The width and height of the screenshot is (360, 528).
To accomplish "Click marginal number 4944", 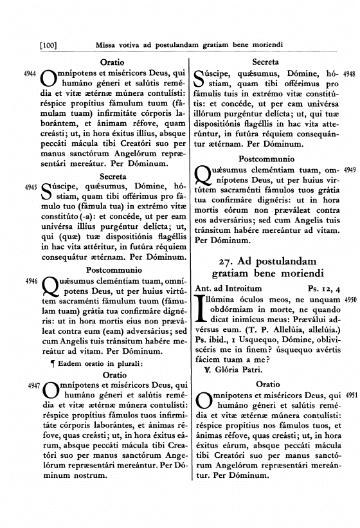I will coord(28,75).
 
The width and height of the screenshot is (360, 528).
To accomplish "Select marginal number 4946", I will coord(28,281).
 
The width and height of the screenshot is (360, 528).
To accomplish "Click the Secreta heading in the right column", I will coord(264,62).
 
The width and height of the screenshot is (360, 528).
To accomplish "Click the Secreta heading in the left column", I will coord(113,175).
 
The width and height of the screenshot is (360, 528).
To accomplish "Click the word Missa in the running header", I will coord(106,45).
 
